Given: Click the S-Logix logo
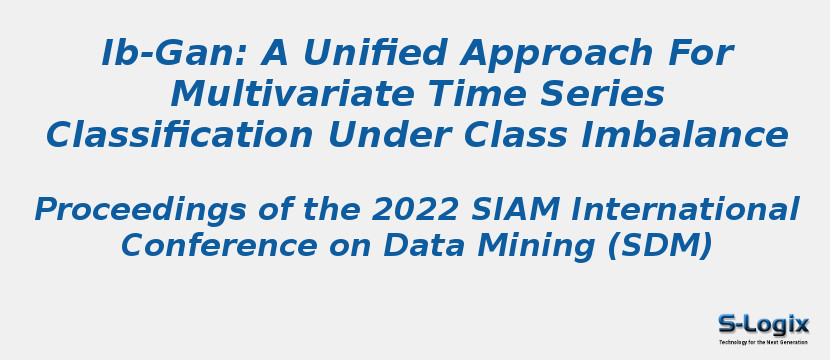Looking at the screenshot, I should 763,323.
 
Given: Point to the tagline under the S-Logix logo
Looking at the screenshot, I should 763,342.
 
